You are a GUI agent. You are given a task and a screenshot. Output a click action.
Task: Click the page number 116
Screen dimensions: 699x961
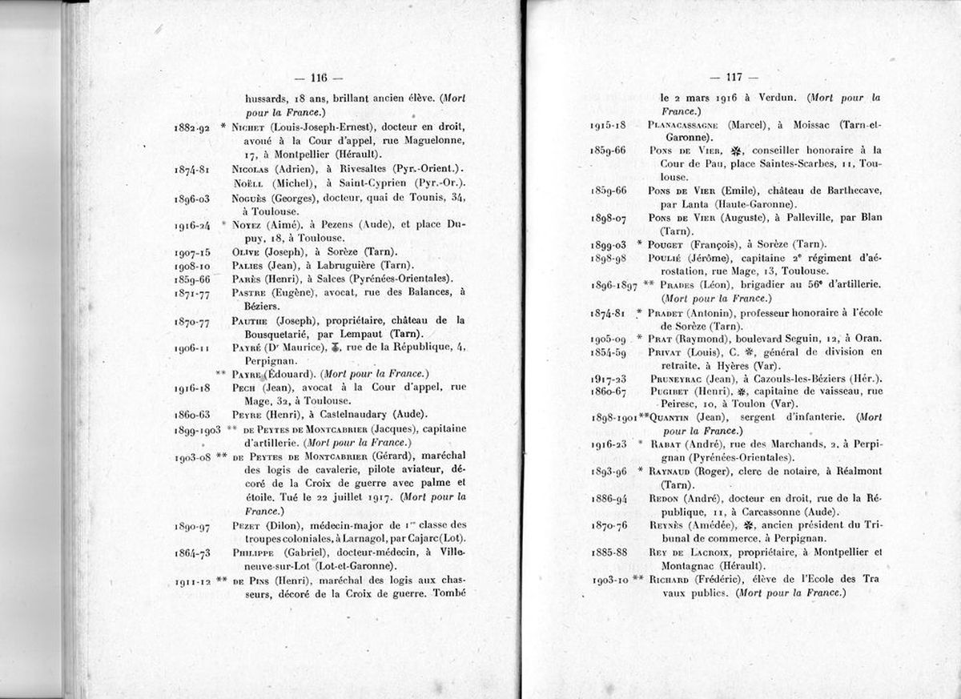[319, 78]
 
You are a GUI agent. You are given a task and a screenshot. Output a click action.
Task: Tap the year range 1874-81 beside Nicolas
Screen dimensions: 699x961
[191, 170]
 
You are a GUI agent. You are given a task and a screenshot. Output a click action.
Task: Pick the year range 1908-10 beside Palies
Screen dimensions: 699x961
[191, 265]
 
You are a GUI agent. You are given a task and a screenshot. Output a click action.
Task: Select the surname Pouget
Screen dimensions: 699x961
[668, 243]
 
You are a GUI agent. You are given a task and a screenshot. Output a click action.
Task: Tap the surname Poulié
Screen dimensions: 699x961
[666, 257]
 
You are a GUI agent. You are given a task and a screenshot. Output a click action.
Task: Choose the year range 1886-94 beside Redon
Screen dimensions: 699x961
[609, 498]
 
